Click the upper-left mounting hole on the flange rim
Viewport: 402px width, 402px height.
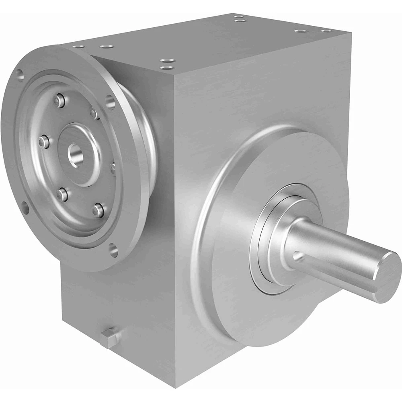(18, 74)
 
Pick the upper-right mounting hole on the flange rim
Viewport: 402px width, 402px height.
(110, 102)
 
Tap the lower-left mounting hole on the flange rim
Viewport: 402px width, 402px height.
(25, 208)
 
